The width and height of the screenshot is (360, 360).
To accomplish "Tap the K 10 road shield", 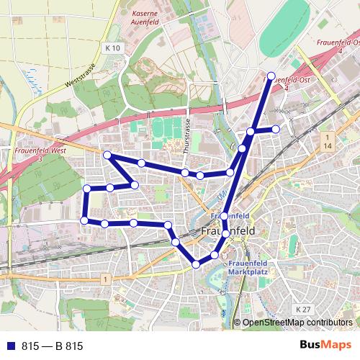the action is [x=110, y=48].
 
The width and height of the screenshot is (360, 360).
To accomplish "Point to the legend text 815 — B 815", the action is [x=52, y=346].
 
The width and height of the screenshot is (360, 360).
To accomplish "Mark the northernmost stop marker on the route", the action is [x=271, y=76].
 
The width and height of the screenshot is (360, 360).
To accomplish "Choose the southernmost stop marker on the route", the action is [x=196, y=265].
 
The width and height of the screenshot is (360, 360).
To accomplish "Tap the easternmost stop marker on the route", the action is [x=276, y=129].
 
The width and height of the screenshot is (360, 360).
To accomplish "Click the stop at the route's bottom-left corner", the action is [x=84, y=220].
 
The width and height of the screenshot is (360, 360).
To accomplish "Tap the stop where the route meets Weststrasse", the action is [x=107, y=155].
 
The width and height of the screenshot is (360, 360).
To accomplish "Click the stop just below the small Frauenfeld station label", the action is [x=224, y=217].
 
